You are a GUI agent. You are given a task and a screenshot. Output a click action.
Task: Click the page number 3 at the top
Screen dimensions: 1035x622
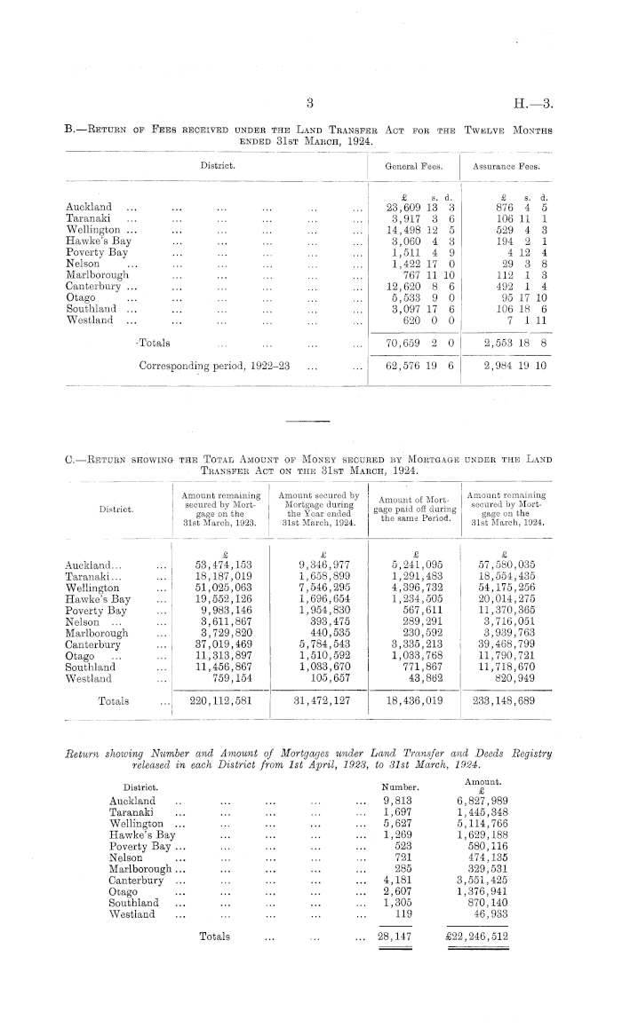click(x=310, y=102)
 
